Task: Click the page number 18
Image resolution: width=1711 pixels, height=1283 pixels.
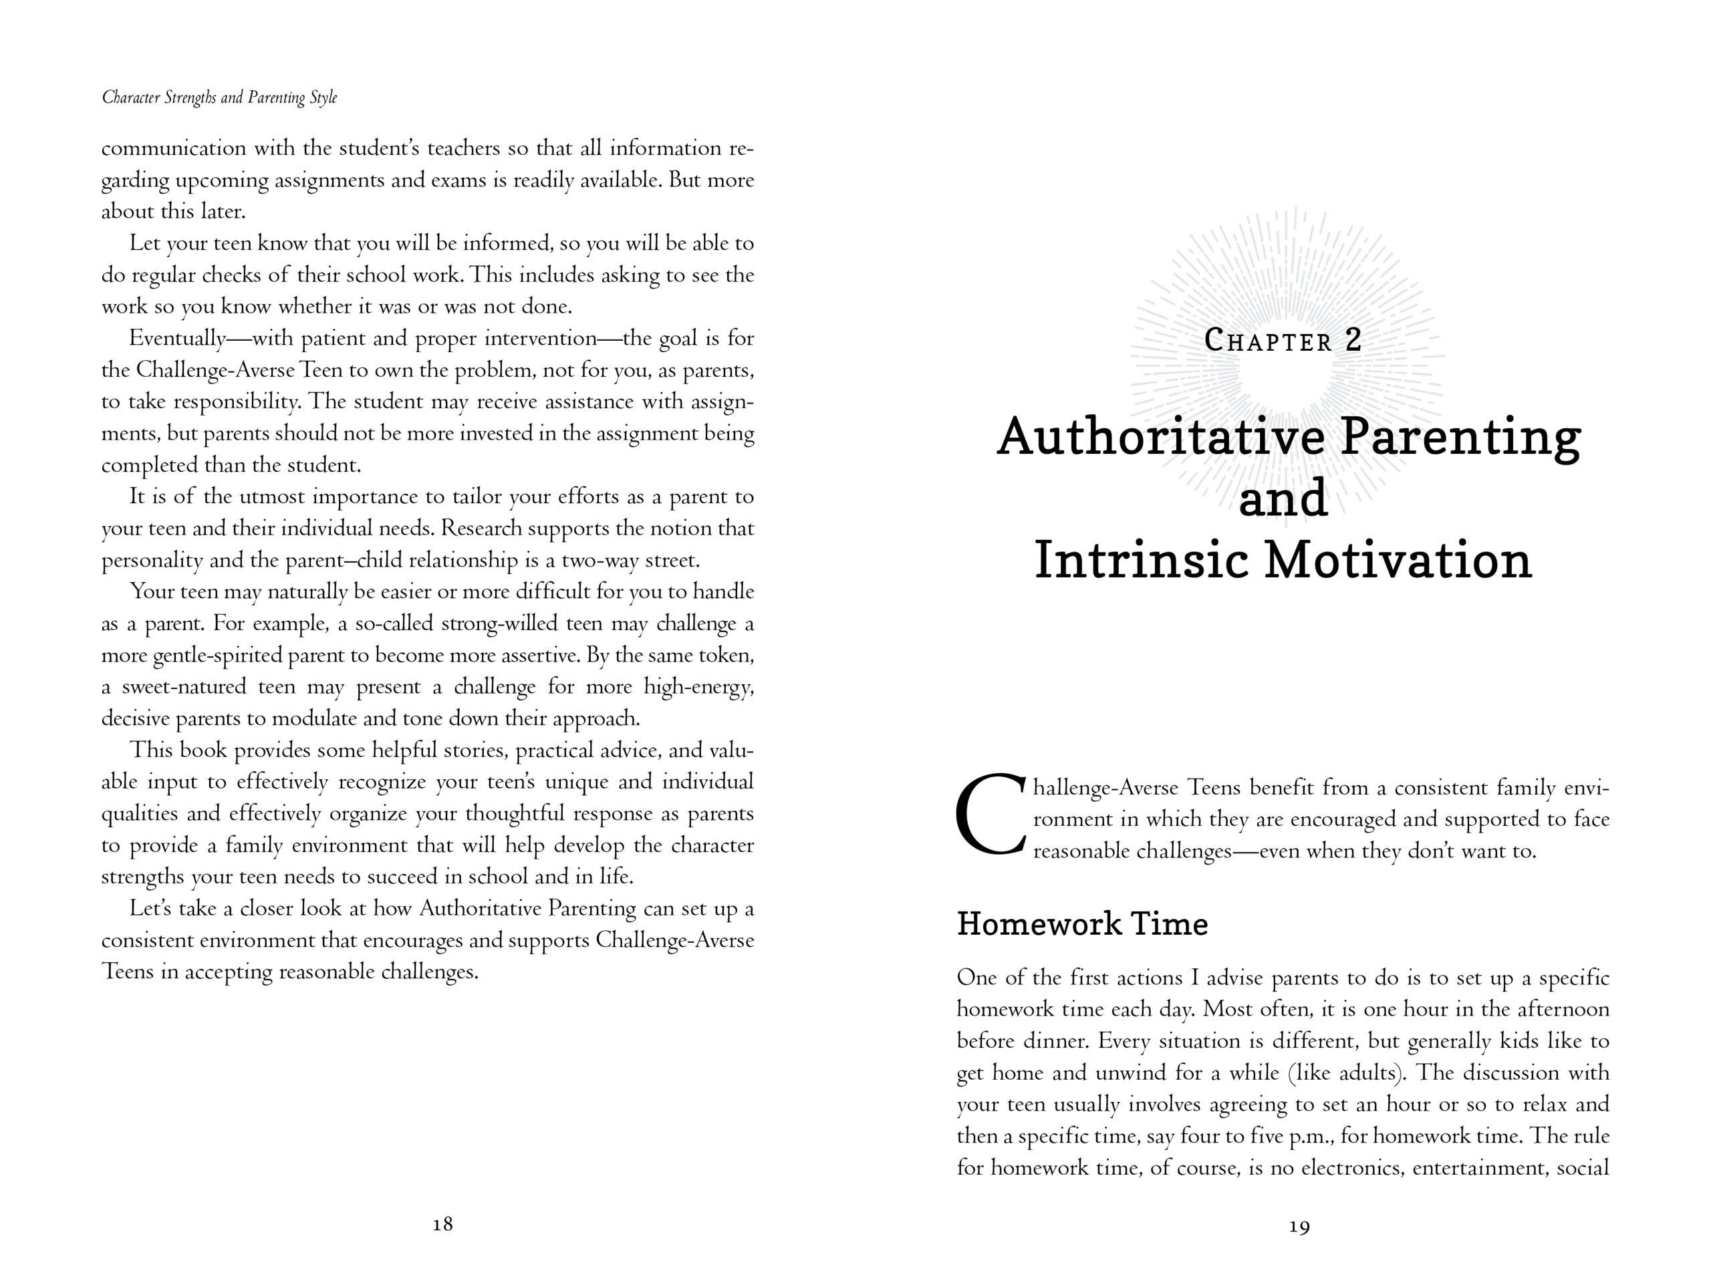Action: (x=442, y=1224)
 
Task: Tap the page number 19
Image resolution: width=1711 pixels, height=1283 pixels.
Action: (x=1299, y=1227)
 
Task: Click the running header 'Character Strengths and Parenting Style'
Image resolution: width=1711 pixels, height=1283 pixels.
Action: (x=220, y=98)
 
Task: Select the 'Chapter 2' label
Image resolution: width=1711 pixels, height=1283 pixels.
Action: (x=1283, y=341)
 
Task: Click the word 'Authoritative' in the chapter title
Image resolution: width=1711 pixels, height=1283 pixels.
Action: (x=1160, y=438)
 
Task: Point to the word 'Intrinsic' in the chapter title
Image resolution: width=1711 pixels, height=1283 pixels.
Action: (x=1142, y=561)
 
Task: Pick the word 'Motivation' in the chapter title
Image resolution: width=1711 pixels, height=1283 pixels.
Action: (x=1398, y=561)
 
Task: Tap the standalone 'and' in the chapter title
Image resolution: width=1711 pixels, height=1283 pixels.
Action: (x=1283, y=498)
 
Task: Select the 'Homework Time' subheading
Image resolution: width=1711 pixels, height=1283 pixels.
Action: (x=1081, y=924)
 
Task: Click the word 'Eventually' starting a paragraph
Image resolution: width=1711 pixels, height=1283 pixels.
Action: (x=177, y=339)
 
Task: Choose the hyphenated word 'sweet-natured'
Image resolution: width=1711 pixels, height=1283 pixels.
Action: (x=184, y=687)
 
